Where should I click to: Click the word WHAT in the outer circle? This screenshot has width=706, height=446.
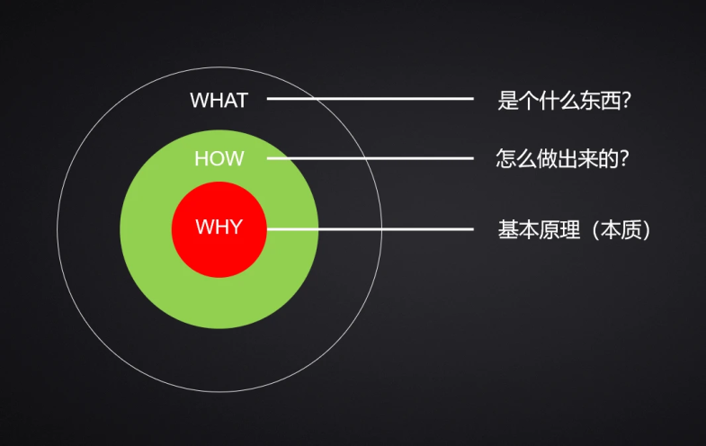point(219,100)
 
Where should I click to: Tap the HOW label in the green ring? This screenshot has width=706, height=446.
point(219,159)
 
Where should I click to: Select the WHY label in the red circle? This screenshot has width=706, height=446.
point(219,227)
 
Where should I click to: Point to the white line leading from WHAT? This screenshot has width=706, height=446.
point(370,99)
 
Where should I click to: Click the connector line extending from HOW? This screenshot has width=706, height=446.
point(370,158)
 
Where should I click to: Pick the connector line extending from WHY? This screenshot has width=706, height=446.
point(370,229)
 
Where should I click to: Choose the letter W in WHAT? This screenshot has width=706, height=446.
point(200,100)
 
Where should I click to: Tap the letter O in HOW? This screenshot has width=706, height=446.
point(217,159)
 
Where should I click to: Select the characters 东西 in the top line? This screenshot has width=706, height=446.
point(598,100)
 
